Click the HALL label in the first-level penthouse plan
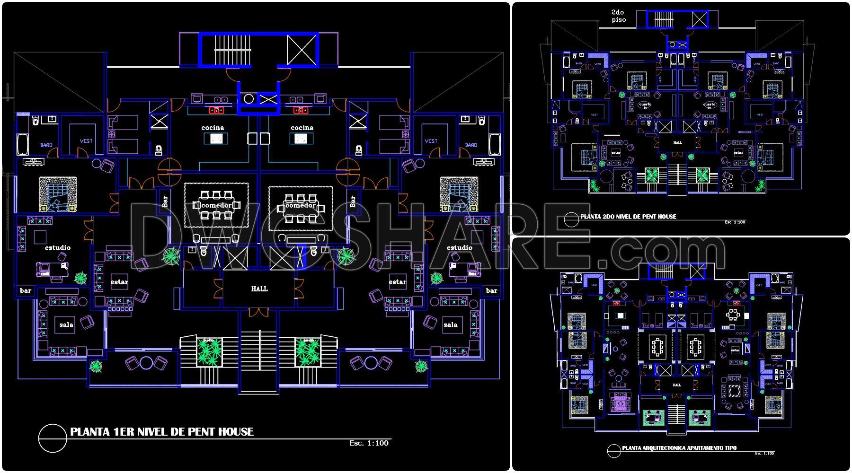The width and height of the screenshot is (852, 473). coord(259,289)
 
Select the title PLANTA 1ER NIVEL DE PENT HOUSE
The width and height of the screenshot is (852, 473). coord(162,431)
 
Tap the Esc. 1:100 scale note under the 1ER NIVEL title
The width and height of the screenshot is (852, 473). coord(369,443)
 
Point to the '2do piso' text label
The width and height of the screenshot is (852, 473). coord(619,16)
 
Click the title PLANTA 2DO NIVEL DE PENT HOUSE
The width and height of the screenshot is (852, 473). coord(628,217)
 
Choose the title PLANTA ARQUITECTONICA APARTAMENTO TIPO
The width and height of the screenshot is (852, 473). coord(679,447)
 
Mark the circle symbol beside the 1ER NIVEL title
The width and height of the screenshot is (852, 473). coord(53,438)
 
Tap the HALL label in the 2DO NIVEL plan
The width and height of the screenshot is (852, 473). coord(677,142)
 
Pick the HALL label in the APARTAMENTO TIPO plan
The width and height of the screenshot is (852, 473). coord(677,385)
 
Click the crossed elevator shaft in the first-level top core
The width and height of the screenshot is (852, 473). coord(302,49)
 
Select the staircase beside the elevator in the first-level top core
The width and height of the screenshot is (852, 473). coord(228,49)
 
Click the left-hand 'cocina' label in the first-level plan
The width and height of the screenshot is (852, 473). coord(213,128)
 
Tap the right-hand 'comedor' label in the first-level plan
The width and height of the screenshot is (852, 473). coord(301,206)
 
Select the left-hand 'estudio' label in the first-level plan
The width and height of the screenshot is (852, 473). coord(58,248)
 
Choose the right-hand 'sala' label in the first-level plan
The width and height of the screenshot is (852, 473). coord(451,325)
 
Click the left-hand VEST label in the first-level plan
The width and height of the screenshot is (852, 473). coord(86,140)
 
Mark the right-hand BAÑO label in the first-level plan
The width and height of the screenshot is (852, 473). coord(471,145)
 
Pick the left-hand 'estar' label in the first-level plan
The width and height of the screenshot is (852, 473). coord(119,282)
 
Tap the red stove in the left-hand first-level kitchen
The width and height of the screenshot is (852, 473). coord(217,111)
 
